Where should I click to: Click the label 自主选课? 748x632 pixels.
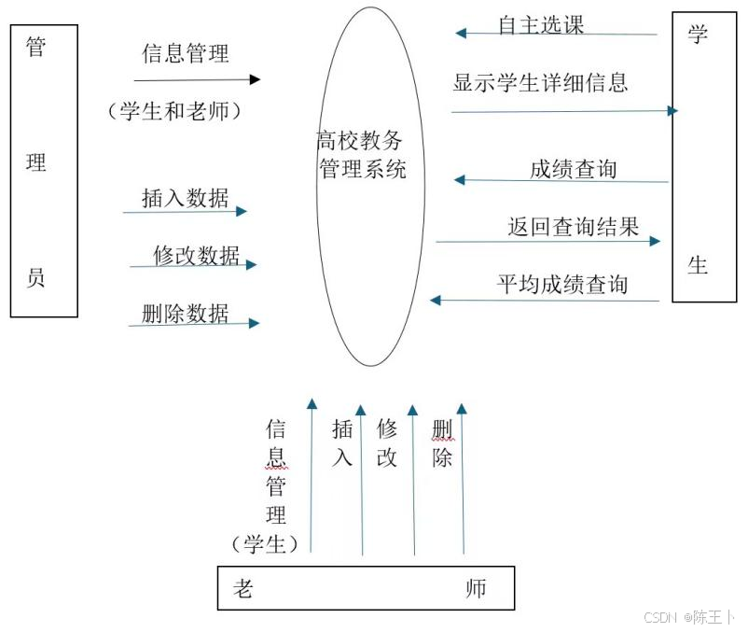click(x=541, y=25)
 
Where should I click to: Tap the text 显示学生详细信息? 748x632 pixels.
click(x=540, y=82)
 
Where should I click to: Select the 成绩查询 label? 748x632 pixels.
click(x=573, y=169)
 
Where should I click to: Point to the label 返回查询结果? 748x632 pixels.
click(x=573, y=227)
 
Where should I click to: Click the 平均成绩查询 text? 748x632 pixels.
click(x=561, y=284)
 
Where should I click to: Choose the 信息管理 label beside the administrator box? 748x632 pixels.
click(x=185, y=53)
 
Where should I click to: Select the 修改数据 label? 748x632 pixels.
click(x=196, y=255)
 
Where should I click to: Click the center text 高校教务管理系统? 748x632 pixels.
click(x=361, y=155)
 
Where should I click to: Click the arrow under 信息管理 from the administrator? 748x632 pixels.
click(x=197, y=80)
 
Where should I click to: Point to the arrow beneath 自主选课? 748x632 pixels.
click(x=556, y=34)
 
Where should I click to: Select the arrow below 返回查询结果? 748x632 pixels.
click(x=547, y=241)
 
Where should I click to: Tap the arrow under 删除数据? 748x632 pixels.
click(x=193, y=324)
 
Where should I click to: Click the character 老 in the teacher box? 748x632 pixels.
click(x=242, y=589)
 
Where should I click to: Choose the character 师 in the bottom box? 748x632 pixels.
click(x=476, y=589)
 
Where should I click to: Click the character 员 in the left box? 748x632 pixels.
click(x=35, y=276)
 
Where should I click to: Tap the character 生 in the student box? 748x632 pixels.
click(x=698, y=265)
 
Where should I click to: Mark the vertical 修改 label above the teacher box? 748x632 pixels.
click(x=387, y=442)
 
